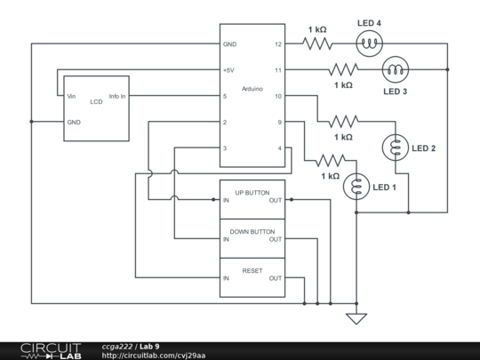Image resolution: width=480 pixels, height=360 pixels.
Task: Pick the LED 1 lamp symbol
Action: [x=356, y=186]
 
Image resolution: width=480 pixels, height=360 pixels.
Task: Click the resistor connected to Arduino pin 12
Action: [x=317, y=43]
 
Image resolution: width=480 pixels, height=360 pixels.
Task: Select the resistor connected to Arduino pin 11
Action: [x=343, y=69]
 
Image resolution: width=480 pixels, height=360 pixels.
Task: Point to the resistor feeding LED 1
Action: [x=330, y=161]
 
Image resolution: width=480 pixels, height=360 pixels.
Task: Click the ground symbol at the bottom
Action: [x=356, y=317]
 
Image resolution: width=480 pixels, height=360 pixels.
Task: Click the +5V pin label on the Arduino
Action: [x=229, y=69]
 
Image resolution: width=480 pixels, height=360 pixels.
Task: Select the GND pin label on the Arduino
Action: [x=229, y=44]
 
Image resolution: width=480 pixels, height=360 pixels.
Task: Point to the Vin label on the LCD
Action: [x=71, y=95]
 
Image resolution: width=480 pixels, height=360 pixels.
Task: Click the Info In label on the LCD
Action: [x=116, y=95]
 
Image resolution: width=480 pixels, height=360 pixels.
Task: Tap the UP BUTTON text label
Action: [x=252, y=192]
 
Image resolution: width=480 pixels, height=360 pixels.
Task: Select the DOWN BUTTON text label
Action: [x=252, y=231]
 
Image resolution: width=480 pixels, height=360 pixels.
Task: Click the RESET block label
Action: [x=252, y=269]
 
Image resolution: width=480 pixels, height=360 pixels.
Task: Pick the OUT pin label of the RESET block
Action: [x=276, y=278]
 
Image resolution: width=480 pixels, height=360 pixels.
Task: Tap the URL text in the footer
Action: [x=153, y=356]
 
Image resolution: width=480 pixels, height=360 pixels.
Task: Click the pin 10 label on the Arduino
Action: [x=277, y=96]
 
